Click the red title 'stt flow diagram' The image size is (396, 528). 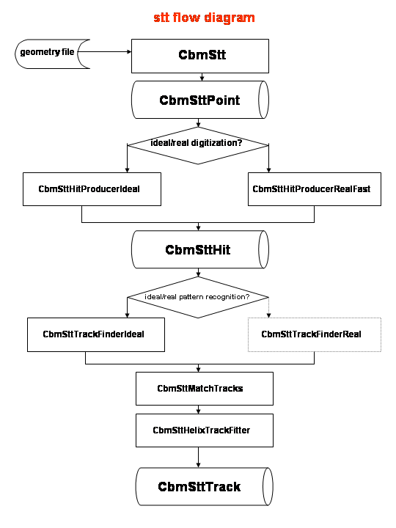pyautogui.click(x=204, y=18)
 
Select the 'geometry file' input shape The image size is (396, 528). pyautogui.click(x=51, y=54)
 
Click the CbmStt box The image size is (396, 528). pyautogui.click(x=200, y=56)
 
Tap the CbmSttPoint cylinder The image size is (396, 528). pyautogui.click(x=200, y=100)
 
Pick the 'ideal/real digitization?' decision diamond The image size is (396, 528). pyautogui.click(x=198, y=145)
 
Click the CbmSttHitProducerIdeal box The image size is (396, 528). pyautogui.click(x=92, y=189)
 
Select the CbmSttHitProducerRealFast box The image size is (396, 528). pyautogui.click(x=315, y=189)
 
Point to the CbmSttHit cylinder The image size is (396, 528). pyautogui.click(x=200, y=249)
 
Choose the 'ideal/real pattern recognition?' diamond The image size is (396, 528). pyautogui.click(x=198, y=297)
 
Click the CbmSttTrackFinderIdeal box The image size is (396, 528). pyautogui.click(x=96, y=334)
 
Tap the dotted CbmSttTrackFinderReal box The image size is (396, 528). pyautogui.click(x=315, y=334)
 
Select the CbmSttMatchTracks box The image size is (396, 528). pyautogui.click(x=205, y=389)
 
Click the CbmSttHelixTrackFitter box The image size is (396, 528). pyautogui.click(x=205, y=430)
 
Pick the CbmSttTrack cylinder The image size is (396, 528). pyautogui.click(x=205, y=487)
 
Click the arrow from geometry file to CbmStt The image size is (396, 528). pyautogui.click(x=104, y=51)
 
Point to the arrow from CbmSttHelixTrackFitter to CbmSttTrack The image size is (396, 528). pyautogui.click(x=198, y=458)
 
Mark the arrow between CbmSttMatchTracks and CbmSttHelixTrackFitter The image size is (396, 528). pyautogui.click(x=198, y=409)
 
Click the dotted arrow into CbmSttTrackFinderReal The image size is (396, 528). pyautogui.click(x=268, y=307)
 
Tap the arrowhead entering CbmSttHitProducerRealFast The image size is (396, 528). pyautogui.click(x=268, y=170)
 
